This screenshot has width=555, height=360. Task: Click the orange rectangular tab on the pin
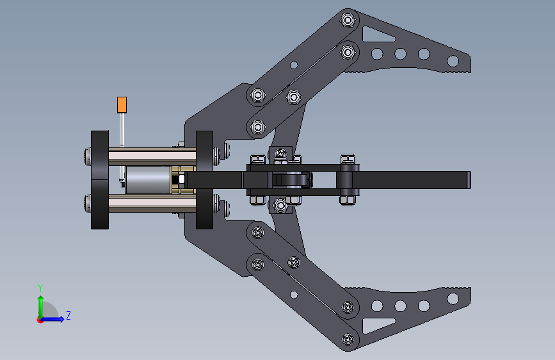pos(122,105)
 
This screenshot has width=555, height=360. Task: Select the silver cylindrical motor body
pos(148,180)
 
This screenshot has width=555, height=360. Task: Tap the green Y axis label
pos(40,288)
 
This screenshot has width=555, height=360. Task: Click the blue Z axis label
pos(68,315)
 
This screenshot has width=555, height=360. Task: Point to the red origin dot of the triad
pos(39,320)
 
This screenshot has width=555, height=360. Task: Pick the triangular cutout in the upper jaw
pos(377,35)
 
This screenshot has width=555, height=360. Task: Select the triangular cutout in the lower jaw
pos(377,325)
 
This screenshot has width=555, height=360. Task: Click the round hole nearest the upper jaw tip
pos(453,61)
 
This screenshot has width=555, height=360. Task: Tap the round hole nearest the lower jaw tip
pos(453,299)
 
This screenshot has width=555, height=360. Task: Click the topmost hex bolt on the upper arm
pos(348,20)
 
